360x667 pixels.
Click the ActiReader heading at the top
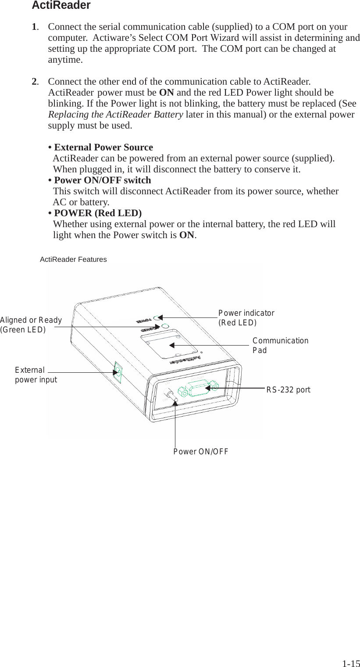pyautogui.click(x=61, y=6)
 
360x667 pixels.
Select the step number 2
pyautogui.click(x=34, y=82)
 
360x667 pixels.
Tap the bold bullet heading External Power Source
pyautogui.click(x=103, y=147)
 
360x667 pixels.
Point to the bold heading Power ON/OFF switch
pyautogui.click(x=102, y=180)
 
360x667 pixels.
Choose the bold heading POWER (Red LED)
pyautogui.click(x=98, y=213)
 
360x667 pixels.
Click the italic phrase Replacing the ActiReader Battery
pyautogui.click(x=115, y=115)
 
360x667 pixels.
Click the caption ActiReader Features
pyautogui.click(x=73, y=260)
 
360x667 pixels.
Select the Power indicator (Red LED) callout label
pyautogui.click(x=246, y=318)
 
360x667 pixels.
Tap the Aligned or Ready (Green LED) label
pyautogui.click(x=31, y=325)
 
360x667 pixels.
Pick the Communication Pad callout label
pyautogui.click(x=280, y=346)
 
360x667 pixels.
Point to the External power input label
pyautogui.click(x=36, y=375)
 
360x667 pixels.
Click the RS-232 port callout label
pyautogui.click(x=288, y=390)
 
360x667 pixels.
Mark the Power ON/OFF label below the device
pyautogui.click(x=200, y=452)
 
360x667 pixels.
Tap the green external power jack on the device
pyautogui.click(x=117, y=373)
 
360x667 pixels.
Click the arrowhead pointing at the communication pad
pyautogui.click(x=172, y=346)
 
